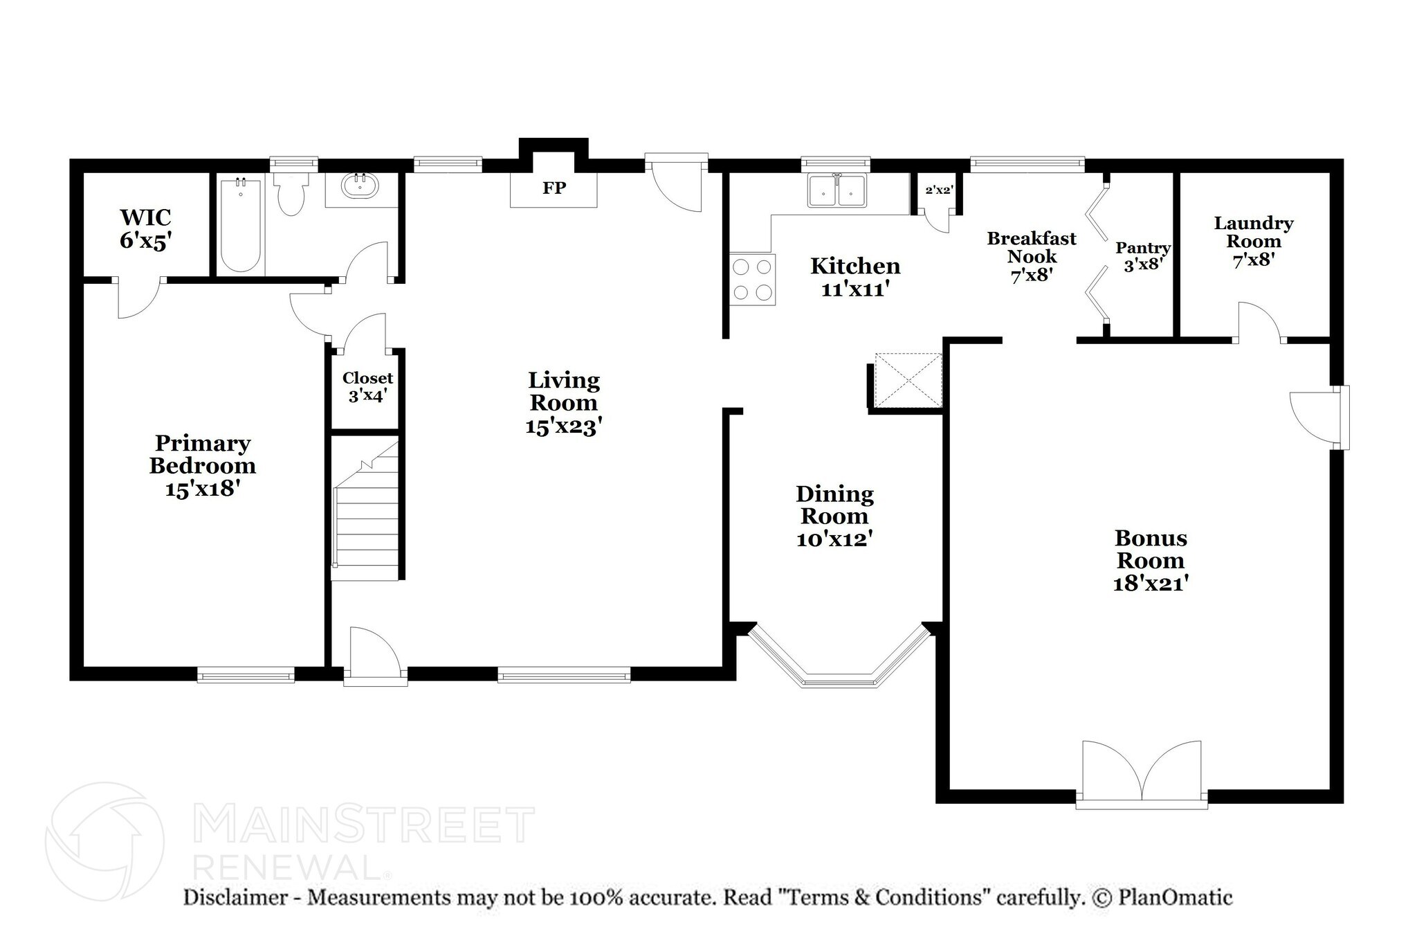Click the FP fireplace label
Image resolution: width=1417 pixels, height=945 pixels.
point(554,188)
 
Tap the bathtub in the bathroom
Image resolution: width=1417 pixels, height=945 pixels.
point(240,225)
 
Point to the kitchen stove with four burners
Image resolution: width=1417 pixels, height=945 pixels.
point(753,279)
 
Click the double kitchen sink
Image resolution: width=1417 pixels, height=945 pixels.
point(837,190)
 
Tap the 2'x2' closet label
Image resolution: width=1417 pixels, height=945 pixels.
point(939,190)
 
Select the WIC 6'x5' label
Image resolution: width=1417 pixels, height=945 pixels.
point(145,228)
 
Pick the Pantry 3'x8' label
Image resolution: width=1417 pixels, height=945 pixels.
point(1143,255)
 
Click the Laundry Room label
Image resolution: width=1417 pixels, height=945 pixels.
point(1253,232)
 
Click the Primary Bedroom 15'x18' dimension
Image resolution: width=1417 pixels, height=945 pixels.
point(202,489)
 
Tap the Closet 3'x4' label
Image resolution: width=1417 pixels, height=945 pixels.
point(367,386)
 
